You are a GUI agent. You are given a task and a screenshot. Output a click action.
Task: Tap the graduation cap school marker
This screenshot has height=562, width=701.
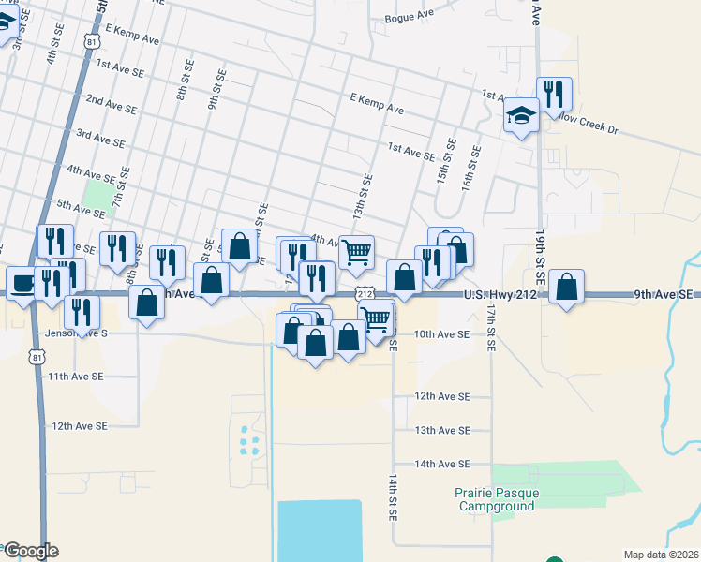pos(521,116)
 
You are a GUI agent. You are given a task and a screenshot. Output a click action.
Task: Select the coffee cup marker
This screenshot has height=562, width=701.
pos(22,283)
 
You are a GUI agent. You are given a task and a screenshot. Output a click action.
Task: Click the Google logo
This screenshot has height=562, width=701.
pos(30,550)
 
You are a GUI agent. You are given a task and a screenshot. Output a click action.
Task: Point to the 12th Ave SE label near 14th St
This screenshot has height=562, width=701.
pos(442,396)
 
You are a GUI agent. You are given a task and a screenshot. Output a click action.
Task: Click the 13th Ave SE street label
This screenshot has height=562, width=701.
pos(442,430)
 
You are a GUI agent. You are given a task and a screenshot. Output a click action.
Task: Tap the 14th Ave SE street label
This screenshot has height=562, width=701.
pos(442,464)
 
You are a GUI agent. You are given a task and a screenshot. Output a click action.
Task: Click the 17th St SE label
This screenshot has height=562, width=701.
pos(490,326)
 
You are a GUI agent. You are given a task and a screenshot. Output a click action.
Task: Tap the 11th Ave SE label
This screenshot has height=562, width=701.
pos(76,376)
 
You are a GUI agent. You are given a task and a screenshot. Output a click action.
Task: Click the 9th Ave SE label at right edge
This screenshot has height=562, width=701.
pos(663,294)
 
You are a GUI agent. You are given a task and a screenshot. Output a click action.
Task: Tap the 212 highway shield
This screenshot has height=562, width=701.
pos(365,294)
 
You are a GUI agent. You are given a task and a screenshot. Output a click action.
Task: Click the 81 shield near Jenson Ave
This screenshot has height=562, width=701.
pos(36,357)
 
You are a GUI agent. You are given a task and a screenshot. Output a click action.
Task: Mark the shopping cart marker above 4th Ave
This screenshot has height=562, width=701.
pos(356,251)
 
